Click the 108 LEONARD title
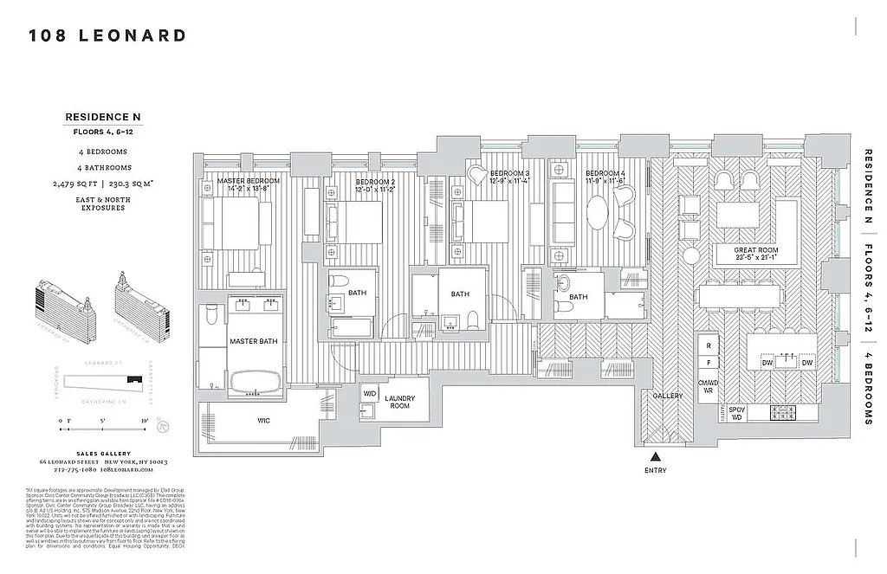(x=107, y=35)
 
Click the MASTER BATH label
(x=254, y=341)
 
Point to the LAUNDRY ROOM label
(x=399, y=402)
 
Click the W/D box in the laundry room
(x=370, y=391)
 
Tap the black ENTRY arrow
(x=656, y=456)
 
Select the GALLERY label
(x=668, y=396)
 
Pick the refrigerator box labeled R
(x=708, y=345)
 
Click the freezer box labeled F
(x=708, y=363)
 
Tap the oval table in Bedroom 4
(x=598, y=210)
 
